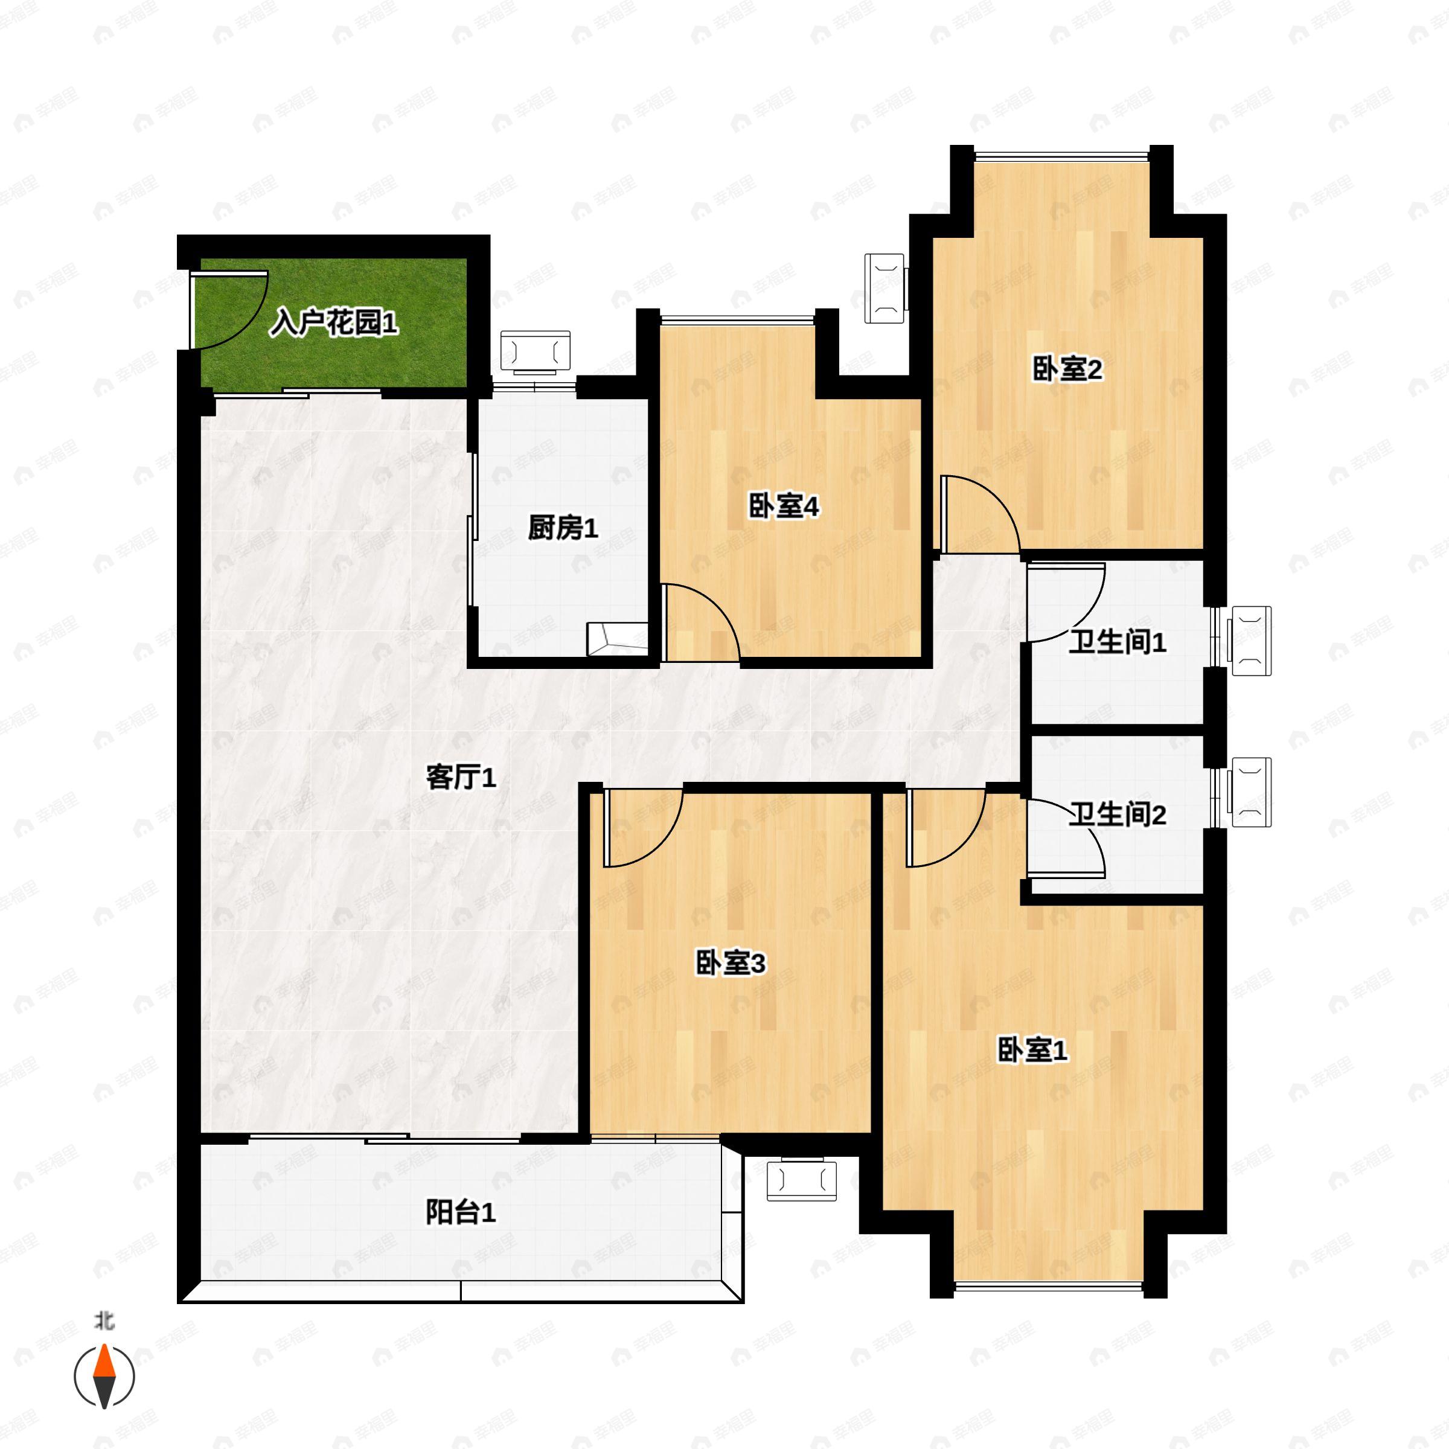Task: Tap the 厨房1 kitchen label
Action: pyautogui.click(x=563, y=529)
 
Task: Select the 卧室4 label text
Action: pyautogui.click(x=784, y=507)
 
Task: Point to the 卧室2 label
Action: pyautogui.click(x=1067, y=369)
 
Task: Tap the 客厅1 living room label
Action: pyautogui.click(x=461, y=778)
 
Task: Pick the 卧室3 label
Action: pyautogui.click(x=731, y=963)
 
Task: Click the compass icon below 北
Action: pyautogui.click(x=104, y=1377)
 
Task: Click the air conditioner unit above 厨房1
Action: pyautogui.click(x=535, y=351)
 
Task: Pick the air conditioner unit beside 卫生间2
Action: pyautogui.click(x=1250, y=792)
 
